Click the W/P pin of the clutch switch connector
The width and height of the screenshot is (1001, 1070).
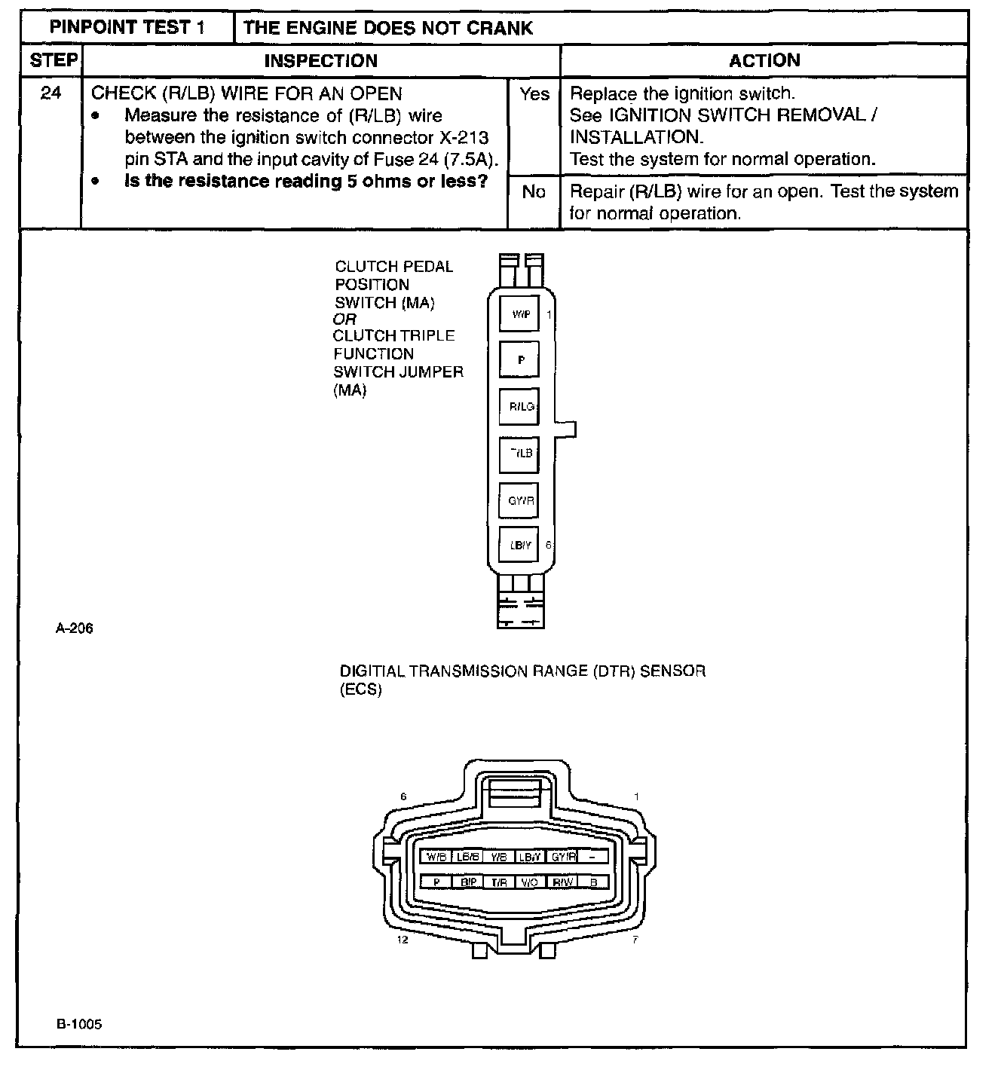[520, 314]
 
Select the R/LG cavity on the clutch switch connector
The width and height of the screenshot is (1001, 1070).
[520, 407]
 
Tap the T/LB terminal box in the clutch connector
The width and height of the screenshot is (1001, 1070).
[520, 453]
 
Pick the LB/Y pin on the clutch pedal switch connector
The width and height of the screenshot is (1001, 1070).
[520, 545]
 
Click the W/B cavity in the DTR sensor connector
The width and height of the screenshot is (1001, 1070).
[436, 857]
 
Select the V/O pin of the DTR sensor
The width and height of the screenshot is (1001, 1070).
[529, 882]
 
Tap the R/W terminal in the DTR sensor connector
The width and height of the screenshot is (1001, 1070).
[562, 882]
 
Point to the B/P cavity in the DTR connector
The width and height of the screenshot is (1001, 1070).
[467, 882]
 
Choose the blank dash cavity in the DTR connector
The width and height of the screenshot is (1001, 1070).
[593, 857]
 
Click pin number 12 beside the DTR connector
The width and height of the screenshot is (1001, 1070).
[403, 940]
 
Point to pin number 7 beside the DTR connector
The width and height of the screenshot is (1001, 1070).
[635, 940]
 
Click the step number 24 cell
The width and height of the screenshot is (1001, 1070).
[51, 94]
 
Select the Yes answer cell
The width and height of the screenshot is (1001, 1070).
[534, 94]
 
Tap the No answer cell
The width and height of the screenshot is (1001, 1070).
[534, 192]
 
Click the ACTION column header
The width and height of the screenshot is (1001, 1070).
[764, 61]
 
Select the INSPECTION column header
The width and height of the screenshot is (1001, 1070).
[321, 61]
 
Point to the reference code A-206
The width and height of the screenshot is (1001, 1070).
[75, 628]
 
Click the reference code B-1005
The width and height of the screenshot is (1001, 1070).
[78, 1024]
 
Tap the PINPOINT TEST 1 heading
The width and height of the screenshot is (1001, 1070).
[127, 28]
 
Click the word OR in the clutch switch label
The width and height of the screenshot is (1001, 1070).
[344, 319]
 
